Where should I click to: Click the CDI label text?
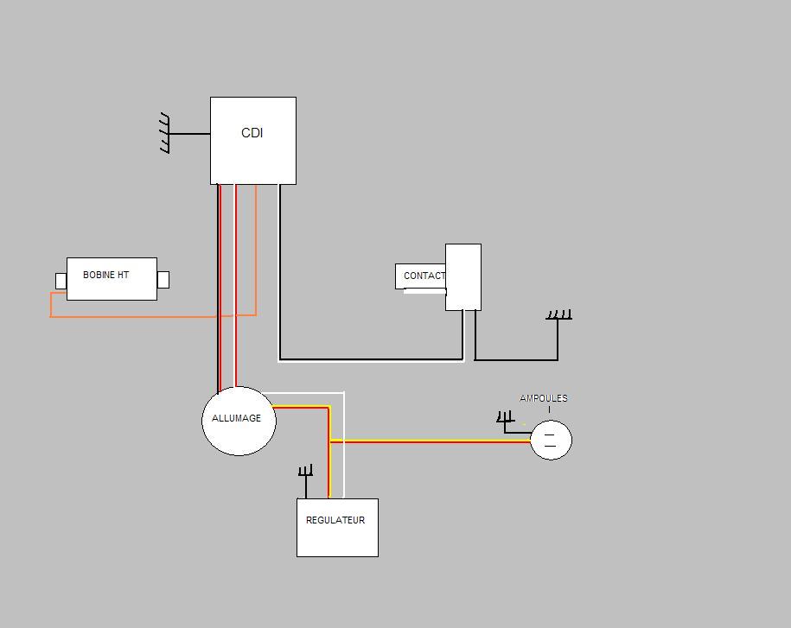coord(252,132)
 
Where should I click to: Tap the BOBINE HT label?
coord(106,275)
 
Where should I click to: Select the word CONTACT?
coord(424,276)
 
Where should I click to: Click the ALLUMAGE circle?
coord(239,421)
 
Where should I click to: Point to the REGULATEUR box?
coord(337,528)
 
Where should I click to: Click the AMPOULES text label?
coord(543,398)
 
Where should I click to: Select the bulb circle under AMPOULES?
coord(551,440)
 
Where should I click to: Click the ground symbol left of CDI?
coord(165,133)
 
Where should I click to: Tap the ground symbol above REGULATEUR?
coord(306,471)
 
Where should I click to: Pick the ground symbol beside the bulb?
coord(505,417)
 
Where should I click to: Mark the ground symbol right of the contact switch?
coord(559,315)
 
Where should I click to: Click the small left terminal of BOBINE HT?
coord(61,282)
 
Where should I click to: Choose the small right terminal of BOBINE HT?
coord(163,280)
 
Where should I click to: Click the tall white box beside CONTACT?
coord(463,277)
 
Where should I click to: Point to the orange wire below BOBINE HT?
coord(134,316)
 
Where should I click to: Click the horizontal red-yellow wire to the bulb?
coord(431,441)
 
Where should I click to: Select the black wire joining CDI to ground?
coord(189,134)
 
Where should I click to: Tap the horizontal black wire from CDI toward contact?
coord(371,359)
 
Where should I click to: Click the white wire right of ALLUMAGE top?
coord(343,443)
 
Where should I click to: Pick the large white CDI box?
coord(253,141)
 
